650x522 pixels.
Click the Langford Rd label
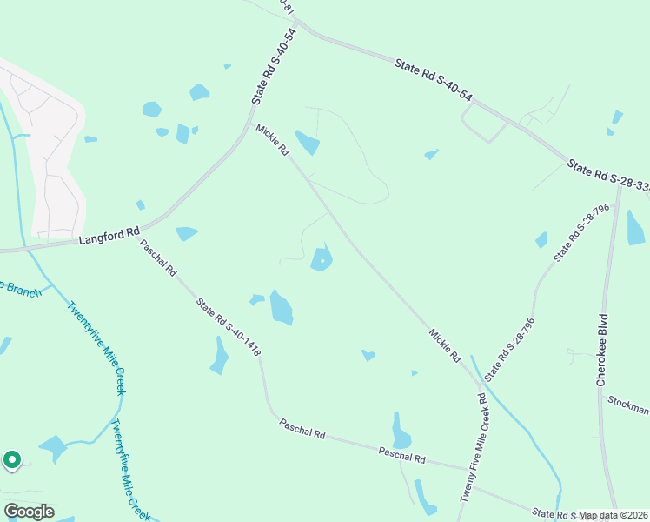coord(109,234)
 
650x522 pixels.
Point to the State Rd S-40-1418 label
coord(229,328)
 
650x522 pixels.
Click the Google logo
coord(29,512)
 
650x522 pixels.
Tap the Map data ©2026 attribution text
coord(613,515)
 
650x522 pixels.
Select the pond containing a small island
coord(322,259)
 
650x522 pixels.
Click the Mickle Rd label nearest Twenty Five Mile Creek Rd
coord(444,345)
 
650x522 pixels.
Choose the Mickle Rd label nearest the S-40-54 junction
coord(272,139)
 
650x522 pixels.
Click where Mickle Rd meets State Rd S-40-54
coord(251,124)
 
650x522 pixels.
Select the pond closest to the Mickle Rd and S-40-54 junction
coord(307,141)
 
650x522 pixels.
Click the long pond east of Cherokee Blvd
coord(635,228)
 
